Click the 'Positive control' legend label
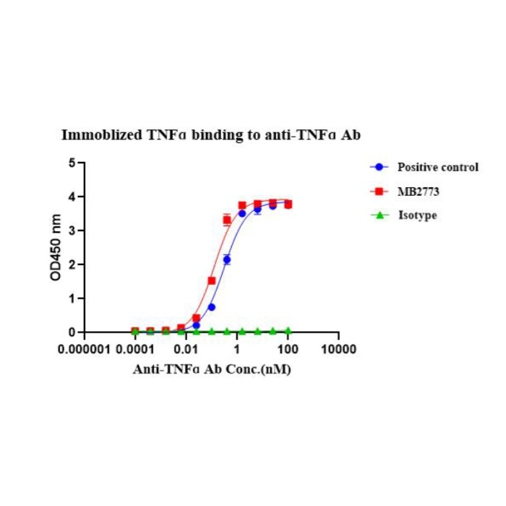[x=437, y=167]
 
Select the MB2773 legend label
[x=417, y=191]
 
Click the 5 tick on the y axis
[x=72, y=163]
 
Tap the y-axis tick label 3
[x=72, y=231]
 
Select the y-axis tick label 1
[x=72, y=298]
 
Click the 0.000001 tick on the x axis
[x=85, y=350]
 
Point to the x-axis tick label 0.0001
[x=135, y=350]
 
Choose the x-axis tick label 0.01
[x=186, y=350]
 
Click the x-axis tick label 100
[x=288, y=350]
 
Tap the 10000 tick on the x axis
[x=338, y=350]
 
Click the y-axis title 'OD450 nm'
[x=55, y=247]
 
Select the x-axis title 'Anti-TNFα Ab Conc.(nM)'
[x=212, y=368]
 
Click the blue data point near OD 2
[x=227, y=260]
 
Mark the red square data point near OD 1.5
[x=212, y=280]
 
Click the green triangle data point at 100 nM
[x=288, y=330]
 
